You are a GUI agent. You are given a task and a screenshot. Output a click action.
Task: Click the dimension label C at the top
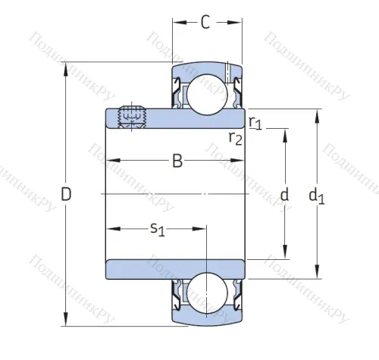tap(205, 23)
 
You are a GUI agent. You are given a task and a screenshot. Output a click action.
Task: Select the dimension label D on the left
tap(66, 195)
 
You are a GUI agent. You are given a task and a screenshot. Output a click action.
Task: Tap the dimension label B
tap(177, 161)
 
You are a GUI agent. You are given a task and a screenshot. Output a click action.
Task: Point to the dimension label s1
tap(158, 228)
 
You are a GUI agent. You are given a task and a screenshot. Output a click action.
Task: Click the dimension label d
tap(285, 195)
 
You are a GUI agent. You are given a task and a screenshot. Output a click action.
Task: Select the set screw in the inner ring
tap(134, 117)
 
